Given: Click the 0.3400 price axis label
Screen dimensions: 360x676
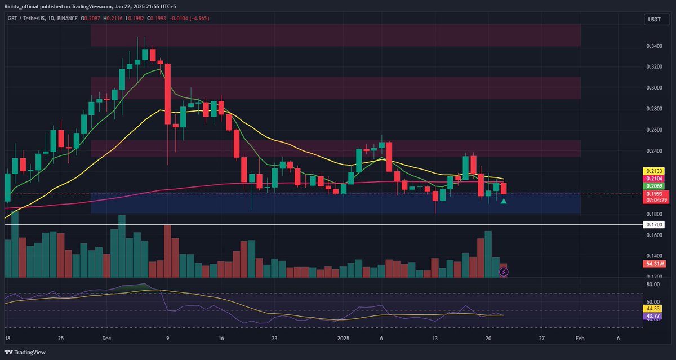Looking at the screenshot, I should coord(653,46).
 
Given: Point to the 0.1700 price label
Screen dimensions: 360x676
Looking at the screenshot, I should coord(653,225).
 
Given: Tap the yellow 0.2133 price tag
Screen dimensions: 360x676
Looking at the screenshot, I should coord(653,170).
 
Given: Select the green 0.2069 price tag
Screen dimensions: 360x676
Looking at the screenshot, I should coord(653,185).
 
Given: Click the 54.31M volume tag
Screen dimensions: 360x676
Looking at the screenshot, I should coord(653,264).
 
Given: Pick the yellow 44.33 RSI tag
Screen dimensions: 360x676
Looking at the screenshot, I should coord(653,309).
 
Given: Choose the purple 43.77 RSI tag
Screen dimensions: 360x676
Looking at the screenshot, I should coord(653,316).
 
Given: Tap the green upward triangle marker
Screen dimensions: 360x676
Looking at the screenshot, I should coord(503,201).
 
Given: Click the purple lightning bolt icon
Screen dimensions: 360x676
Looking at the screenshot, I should coord(504,272).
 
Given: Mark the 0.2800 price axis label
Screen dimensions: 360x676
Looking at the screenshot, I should coord(653,109).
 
